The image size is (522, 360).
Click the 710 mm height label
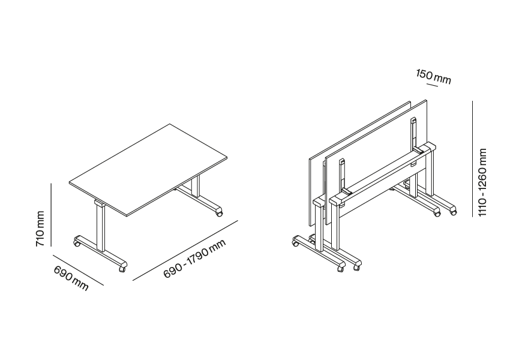click(40, 229)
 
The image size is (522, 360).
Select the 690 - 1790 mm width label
click(195, 259)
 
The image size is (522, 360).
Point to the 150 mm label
click(433, 77)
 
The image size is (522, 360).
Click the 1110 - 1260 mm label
click(482, 182)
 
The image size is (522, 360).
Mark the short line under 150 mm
click(432, 85)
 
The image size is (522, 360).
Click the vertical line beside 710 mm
click(51, 214)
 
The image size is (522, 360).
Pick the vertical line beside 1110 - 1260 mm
click(472, 158)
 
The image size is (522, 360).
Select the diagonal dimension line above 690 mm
click(78, 270)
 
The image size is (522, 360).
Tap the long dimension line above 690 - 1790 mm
click(185, 250)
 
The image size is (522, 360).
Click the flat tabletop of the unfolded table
click(148, 170)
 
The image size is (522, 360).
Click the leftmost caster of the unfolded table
click(76, 244)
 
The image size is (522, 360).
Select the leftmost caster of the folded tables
click(295, 243)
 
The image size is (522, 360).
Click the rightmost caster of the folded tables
click(453, 211)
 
